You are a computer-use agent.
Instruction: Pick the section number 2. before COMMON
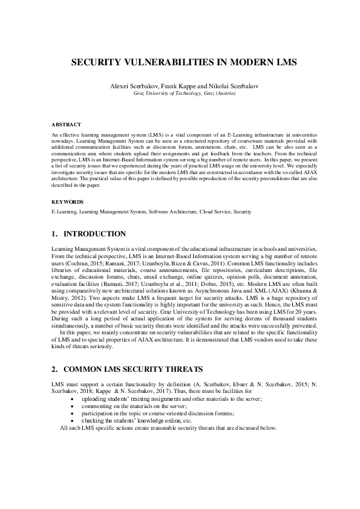point(55,368)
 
